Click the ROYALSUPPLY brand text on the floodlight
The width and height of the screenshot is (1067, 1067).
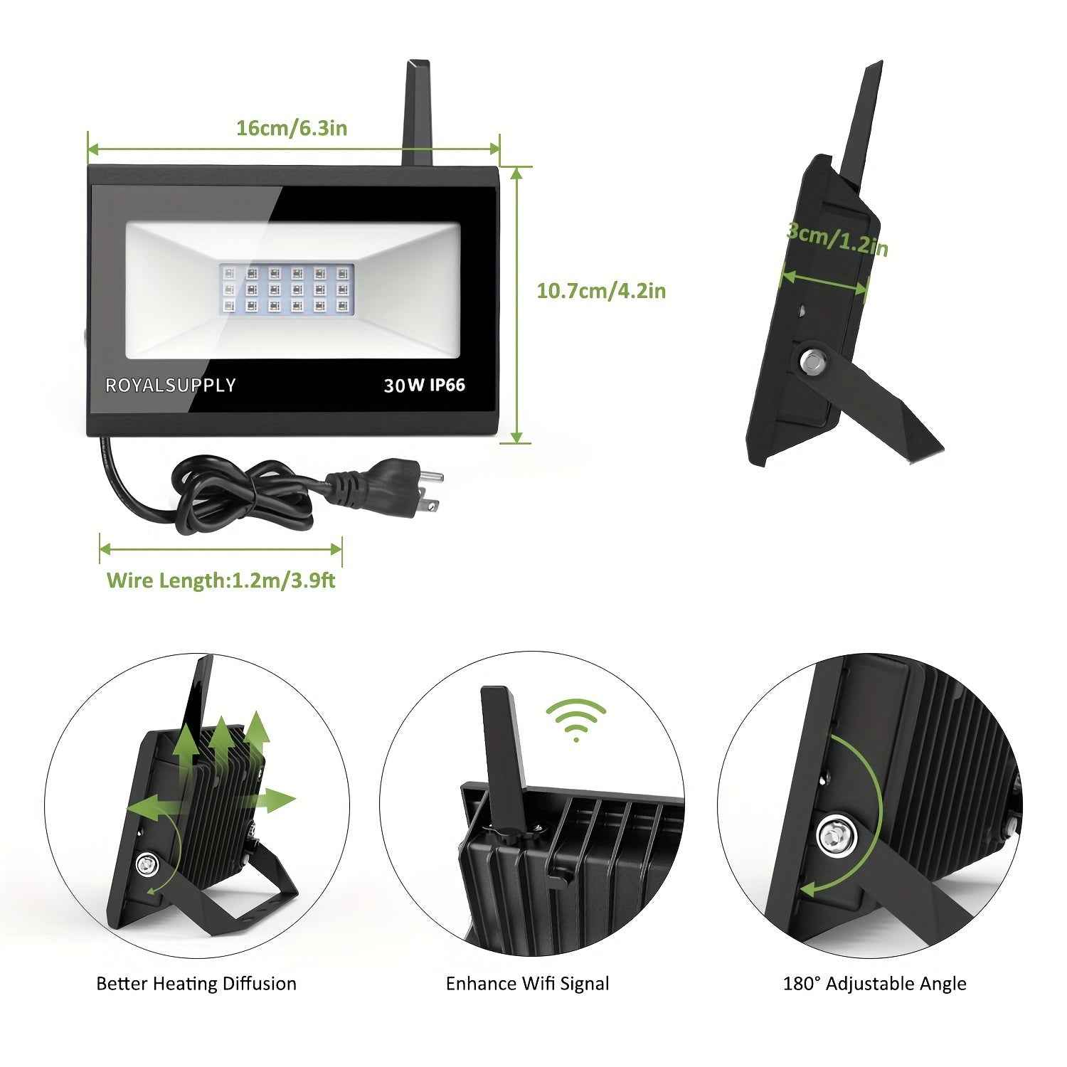170,385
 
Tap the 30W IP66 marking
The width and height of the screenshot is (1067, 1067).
424,385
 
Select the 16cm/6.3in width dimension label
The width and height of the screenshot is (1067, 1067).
292,128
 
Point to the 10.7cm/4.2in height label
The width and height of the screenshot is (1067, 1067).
601,290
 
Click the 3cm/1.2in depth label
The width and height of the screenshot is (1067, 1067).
837,239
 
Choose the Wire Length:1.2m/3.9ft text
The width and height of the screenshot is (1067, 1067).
221,580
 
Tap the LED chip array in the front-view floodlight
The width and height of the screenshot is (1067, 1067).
287,290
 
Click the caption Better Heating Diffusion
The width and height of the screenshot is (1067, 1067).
196,984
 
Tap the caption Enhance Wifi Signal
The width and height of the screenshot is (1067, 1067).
527,984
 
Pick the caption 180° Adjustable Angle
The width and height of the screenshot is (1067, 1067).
874,984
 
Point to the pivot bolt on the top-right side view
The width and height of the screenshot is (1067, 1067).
812,362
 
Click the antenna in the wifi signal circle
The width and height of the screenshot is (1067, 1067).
504,747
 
